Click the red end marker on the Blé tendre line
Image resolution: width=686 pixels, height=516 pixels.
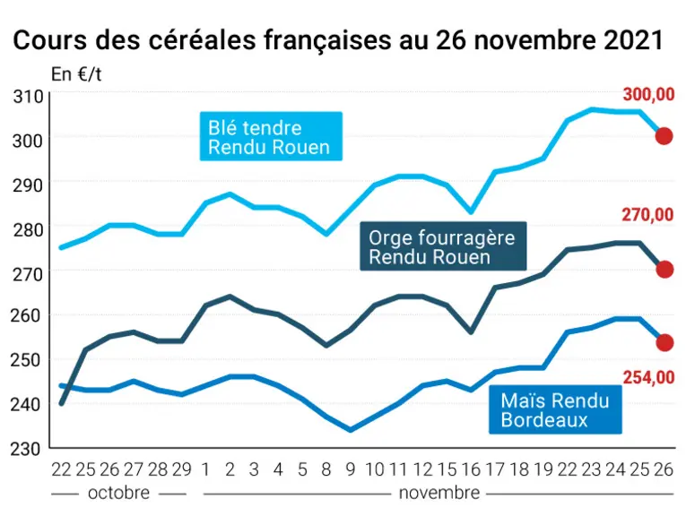[664, 136]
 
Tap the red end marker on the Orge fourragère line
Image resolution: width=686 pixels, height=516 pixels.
[664, 270]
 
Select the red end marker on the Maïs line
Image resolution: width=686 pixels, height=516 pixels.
[664, 342]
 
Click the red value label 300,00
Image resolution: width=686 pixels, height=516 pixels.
[648, 94]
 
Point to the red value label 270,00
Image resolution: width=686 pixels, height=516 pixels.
[647, 215]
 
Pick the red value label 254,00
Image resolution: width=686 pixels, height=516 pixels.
[649, 377]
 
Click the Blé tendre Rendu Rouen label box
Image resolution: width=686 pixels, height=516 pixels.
[271, 136]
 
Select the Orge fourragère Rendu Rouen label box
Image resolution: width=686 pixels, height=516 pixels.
[443, 246]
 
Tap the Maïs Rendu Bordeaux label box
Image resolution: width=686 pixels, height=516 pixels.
[555, 409]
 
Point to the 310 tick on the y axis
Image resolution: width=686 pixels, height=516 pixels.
[28, 97]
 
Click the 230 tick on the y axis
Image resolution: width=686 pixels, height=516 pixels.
[25, 449]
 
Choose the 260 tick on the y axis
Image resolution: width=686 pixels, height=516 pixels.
[25, 315]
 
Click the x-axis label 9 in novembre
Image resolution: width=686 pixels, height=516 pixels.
[350, 469]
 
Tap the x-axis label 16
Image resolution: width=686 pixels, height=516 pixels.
[471, 469]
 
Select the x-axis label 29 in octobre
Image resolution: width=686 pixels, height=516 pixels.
[181, 469]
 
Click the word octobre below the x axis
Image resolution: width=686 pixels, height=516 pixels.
[119, 493]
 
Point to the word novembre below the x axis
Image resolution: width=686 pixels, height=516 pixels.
[439, 493]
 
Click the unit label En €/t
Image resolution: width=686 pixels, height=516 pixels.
[76, 74]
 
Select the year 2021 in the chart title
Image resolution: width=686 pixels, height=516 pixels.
[633, 40]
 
